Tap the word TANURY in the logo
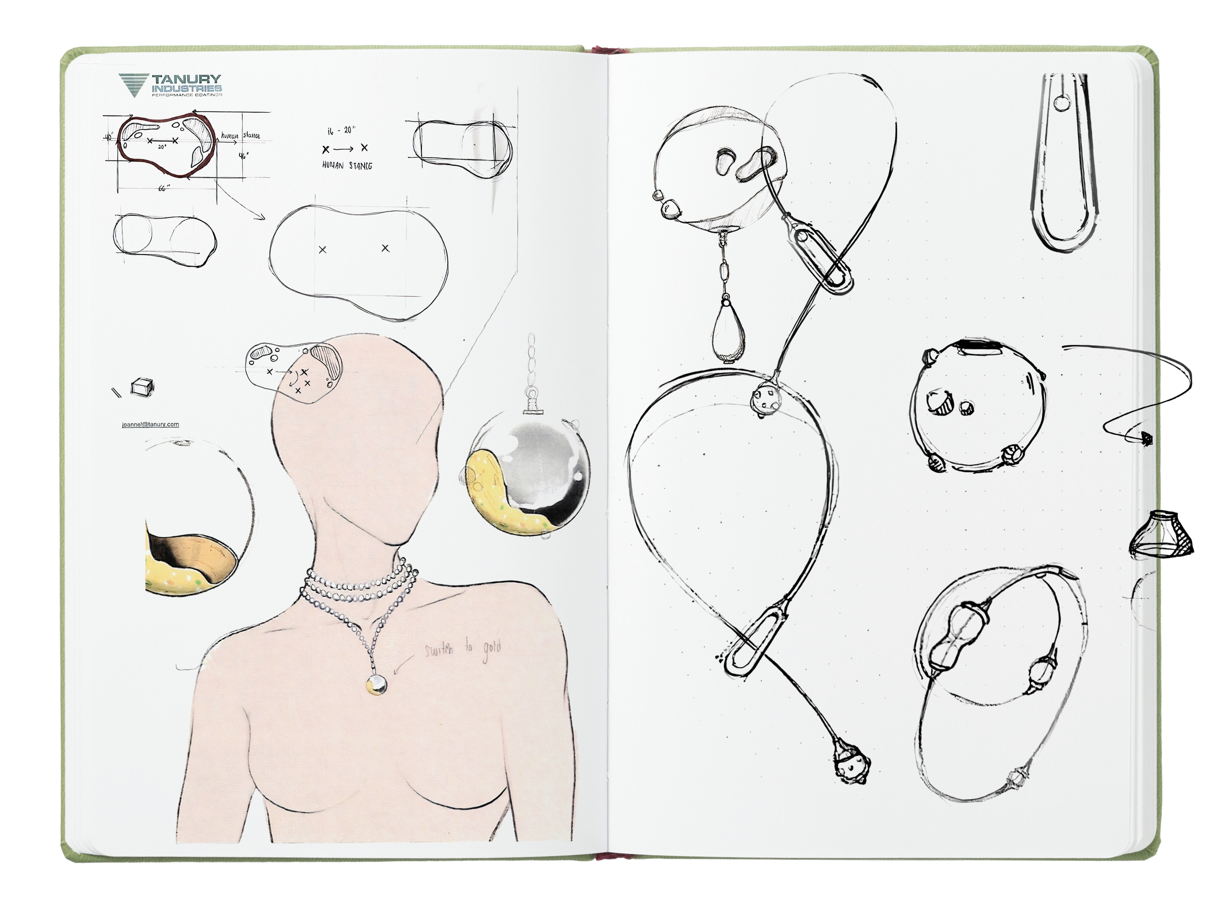(186, 79)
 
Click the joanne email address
(150, 424)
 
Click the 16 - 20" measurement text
(342, 130)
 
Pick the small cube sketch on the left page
(140, 387)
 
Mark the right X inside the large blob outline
(385, 248)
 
